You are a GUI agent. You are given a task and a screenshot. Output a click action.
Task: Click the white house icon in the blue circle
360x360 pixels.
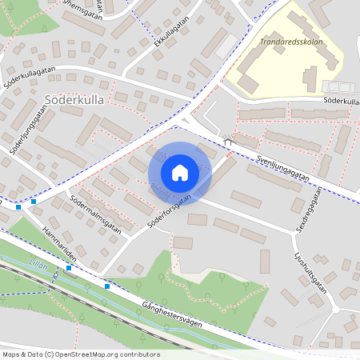tap(180, 172)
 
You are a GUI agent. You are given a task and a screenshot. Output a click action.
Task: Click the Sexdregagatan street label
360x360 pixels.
tap(308, 210)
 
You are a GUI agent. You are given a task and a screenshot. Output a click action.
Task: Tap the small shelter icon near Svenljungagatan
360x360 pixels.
tap(227, 142)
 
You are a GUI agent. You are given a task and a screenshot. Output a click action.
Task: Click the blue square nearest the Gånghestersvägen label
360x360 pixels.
tap(106, 286)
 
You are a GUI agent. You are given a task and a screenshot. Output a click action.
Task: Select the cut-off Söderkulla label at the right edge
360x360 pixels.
tap(342, 102)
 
